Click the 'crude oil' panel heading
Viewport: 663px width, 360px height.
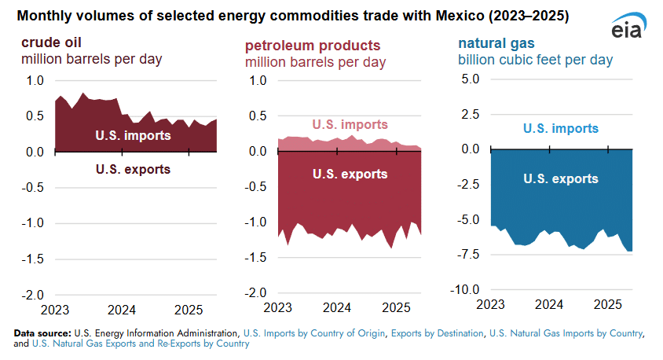tap(53, 42)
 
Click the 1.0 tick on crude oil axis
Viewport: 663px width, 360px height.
tap(35, 80)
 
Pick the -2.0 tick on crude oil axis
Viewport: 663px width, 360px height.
tap(33, 294)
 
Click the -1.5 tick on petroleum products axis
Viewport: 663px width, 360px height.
tap(256, 258)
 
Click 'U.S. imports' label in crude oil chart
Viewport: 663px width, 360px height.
tap(134, 136)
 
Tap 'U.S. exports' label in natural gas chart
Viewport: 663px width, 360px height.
tap(561, 178)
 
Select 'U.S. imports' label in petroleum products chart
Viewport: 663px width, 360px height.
tap(350, 124)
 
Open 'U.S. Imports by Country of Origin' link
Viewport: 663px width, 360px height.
tap(313, 334)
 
